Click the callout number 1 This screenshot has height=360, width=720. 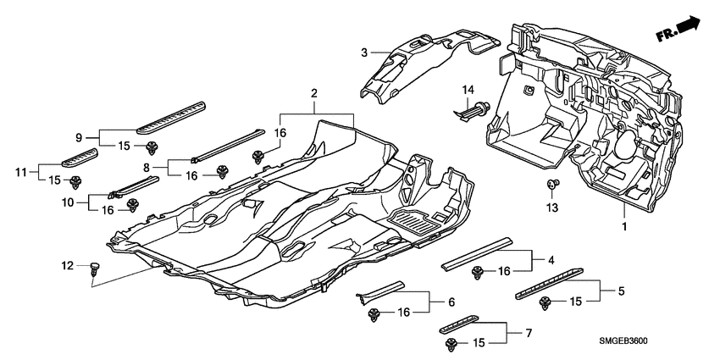[x=625, y=227]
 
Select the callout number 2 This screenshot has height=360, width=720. [x=313, y=92]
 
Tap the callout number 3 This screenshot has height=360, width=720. [x=364, y=53]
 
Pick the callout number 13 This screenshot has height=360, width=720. [x=552, y=208]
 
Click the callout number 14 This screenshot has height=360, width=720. [x=468, y=90]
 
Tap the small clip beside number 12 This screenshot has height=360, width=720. [x=95, y=269]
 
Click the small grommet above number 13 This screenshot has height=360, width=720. [x=552, y=185]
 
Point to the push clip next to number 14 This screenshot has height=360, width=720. [x=476, y=108]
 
